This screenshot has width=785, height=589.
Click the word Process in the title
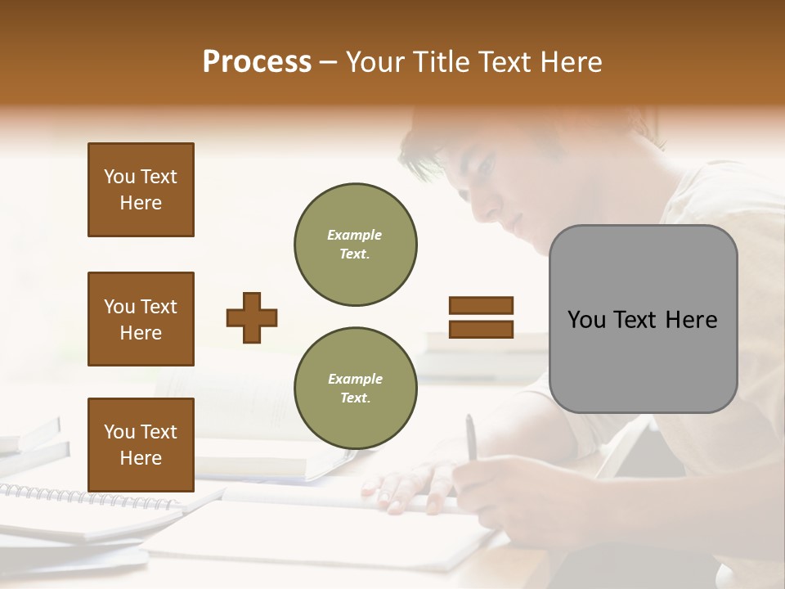coord(257,62)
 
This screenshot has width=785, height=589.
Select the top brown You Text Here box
coord(141,190)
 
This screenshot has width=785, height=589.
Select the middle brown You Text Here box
coord(141,319)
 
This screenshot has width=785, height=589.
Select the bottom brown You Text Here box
coord(141,445)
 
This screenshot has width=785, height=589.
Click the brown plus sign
coord(252,317)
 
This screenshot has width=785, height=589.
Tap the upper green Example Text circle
coord(355,244)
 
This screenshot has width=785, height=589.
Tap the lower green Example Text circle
coord(355,388)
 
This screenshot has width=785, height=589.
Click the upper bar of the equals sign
coord(481,306)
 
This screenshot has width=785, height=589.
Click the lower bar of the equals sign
coord(481,329)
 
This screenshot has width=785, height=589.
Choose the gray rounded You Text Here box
coord(643,319)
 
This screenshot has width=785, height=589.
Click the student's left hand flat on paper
coord(409,487)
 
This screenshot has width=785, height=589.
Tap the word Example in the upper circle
coord(355,235)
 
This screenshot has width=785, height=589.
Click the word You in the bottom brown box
coord(119,432)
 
